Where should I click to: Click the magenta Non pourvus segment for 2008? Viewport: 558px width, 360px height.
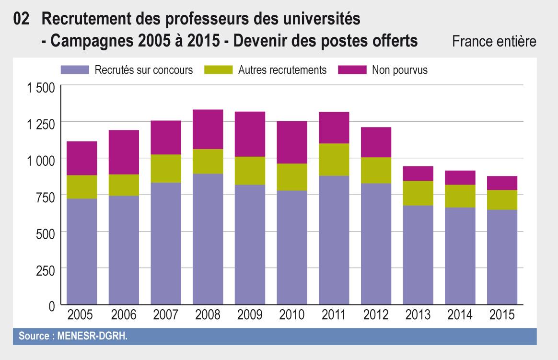click(x=208, y=129)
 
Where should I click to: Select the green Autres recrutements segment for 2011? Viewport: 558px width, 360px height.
click(x=334, y=160)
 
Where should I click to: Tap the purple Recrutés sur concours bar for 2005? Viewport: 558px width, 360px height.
click(x=81, y=252)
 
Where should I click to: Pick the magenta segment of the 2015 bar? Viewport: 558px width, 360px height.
click(x=502, y=183)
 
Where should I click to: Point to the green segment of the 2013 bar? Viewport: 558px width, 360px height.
click(x=418, y=193)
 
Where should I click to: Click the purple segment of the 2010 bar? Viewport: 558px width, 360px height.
click(x=291, y=247)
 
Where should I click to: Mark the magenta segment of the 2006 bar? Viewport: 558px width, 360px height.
click(x=124, y=152)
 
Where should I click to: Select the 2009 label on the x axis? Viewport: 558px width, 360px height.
click(x=250, y=315)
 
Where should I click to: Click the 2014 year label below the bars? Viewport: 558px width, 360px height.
click(x=460, y=315)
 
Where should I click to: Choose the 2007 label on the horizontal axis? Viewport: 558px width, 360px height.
click(x=165, y=315)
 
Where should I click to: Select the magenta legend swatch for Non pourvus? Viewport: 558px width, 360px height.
click(x=352, y=70)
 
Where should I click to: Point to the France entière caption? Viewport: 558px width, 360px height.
click(x=494, y=42)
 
